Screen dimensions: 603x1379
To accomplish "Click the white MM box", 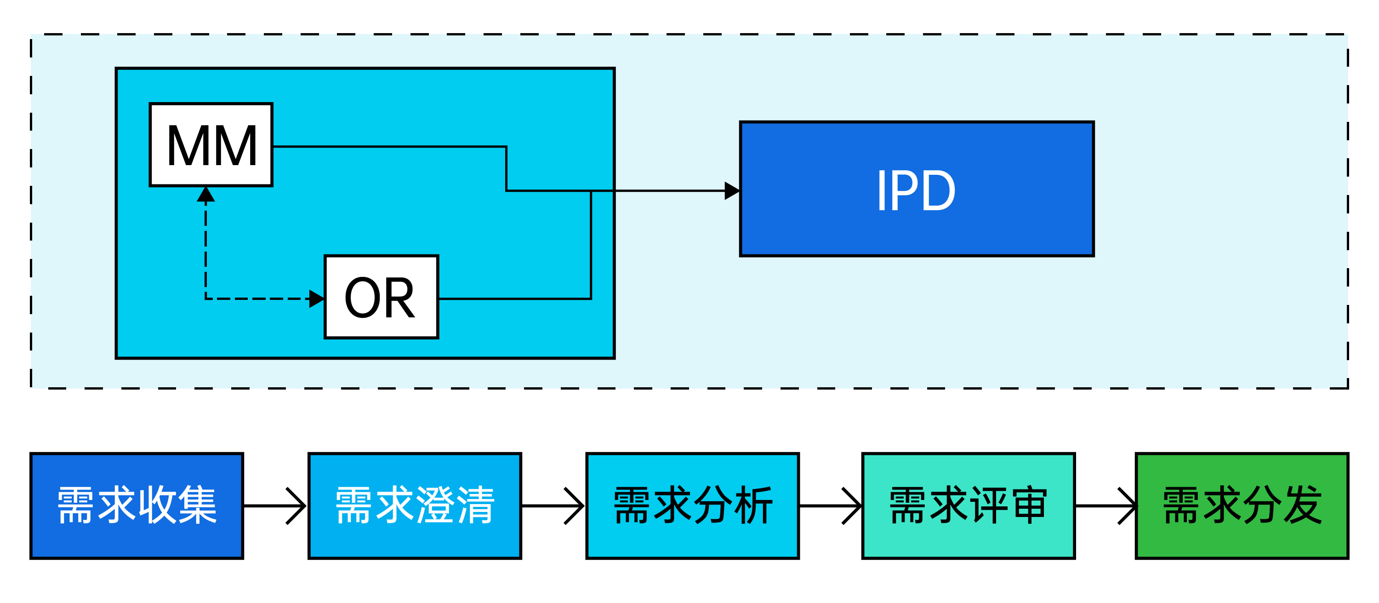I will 211,144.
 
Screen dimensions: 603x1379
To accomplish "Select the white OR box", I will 381,297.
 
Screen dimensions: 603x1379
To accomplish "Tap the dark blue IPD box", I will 917,189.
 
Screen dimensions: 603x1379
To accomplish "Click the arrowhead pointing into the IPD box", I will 732,190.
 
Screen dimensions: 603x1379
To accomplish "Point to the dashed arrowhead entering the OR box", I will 317,299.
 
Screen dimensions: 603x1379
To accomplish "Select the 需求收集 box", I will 137,505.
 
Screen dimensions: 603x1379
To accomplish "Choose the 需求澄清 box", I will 415,505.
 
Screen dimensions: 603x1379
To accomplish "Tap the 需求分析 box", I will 692,505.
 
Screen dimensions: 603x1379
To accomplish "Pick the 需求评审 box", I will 968,505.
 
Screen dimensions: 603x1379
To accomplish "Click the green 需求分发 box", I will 1242,505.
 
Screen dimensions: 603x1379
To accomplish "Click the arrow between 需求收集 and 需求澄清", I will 276,505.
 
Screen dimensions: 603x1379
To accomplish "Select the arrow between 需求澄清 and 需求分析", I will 553,505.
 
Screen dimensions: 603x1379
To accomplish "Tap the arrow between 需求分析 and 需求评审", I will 830,505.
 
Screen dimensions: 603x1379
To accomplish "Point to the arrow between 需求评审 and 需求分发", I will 1105,505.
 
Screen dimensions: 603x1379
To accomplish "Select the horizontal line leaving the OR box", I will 514,299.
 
